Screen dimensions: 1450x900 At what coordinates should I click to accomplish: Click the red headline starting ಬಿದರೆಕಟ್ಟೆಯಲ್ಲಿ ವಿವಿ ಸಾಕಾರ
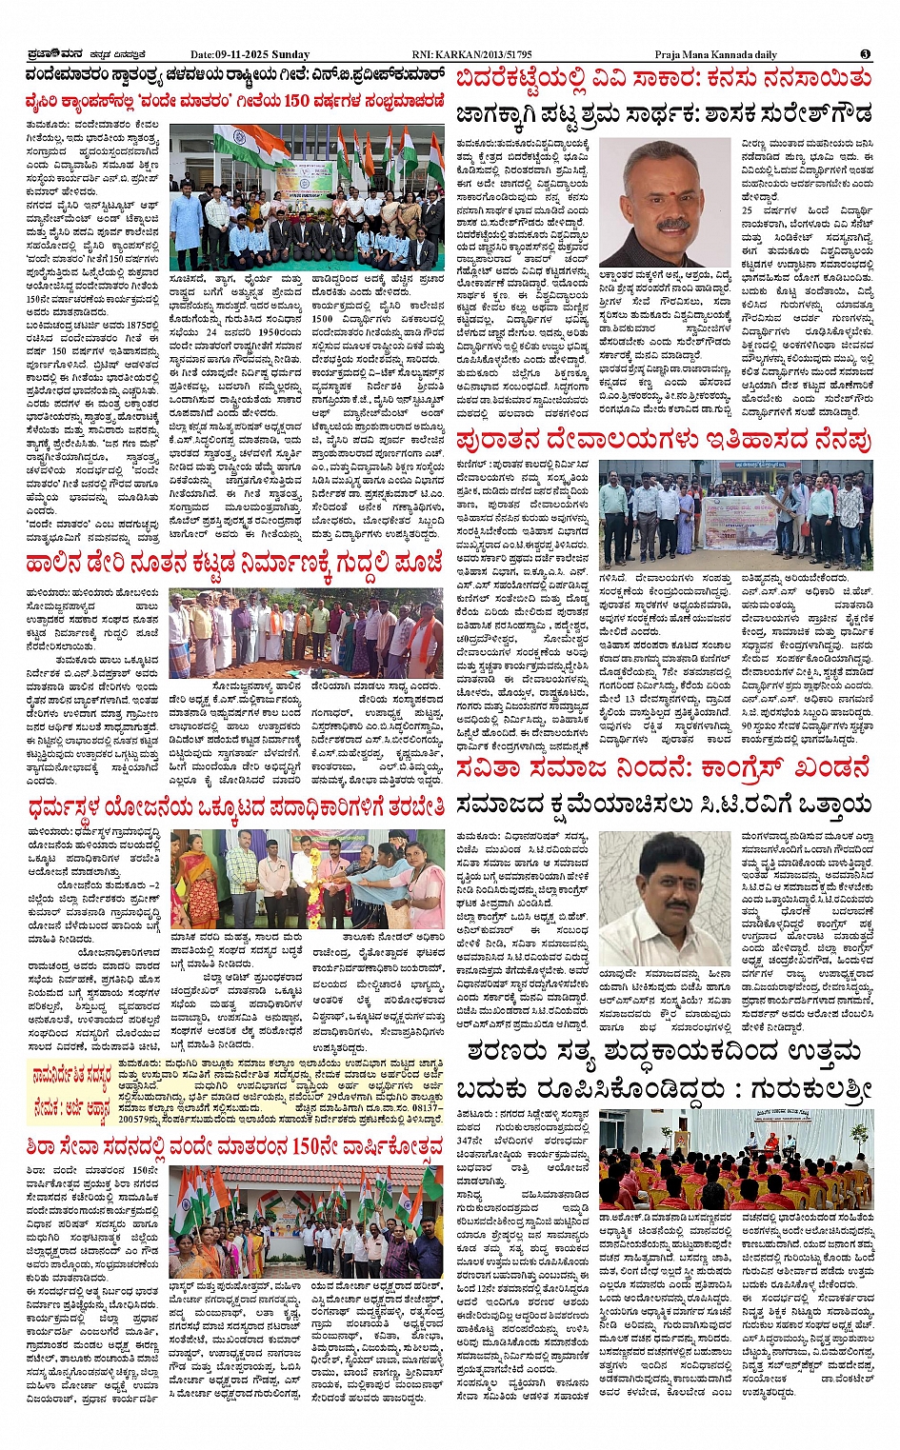tap(663, 78)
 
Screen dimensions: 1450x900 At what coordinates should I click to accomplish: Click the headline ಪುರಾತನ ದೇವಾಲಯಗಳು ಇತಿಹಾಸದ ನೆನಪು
tap(663, 441)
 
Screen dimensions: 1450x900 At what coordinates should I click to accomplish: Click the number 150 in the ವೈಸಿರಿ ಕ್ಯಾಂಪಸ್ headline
tap(296, 100)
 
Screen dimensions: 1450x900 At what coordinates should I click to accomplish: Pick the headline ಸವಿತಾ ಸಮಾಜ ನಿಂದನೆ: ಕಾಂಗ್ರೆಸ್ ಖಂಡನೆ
tap(663, 768)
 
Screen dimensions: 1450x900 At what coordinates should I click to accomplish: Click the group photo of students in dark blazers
tap(307, 197)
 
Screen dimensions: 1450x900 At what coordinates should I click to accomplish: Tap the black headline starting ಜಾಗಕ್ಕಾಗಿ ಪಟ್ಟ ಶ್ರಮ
tap(663, 115)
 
